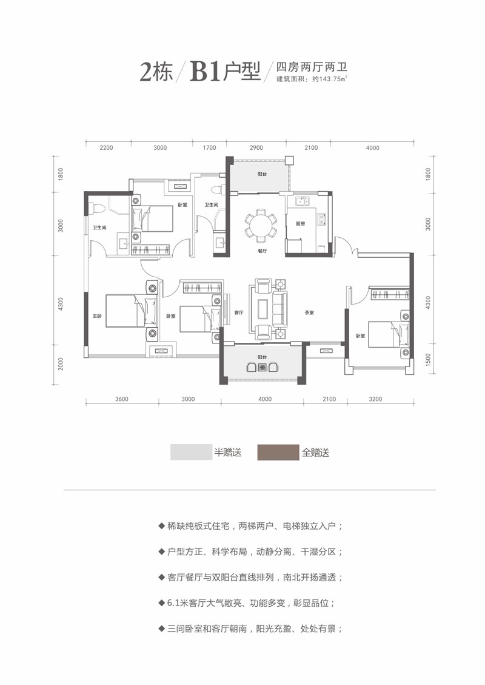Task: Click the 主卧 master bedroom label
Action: pyautogui.click(x=96, y=316)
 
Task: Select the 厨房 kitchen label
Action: pyautogui.click(x=299, y=223)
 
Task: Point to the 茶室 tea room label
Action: pyautogui.click(x=309, y=313)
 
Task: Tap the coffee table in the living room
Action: pyautogui.click(x=263, y=308)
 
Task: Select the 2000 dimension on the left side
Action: pyautogui.click(x=61, y=364)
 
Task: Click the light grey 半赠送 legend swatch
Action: pyautogui.click(x=191, y=453)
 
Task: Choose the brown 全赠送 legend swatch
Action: pyautogui.click(x=278, y=453)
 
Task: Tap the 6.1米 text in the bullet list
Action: pyautogui.click(x=178, y=604)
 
